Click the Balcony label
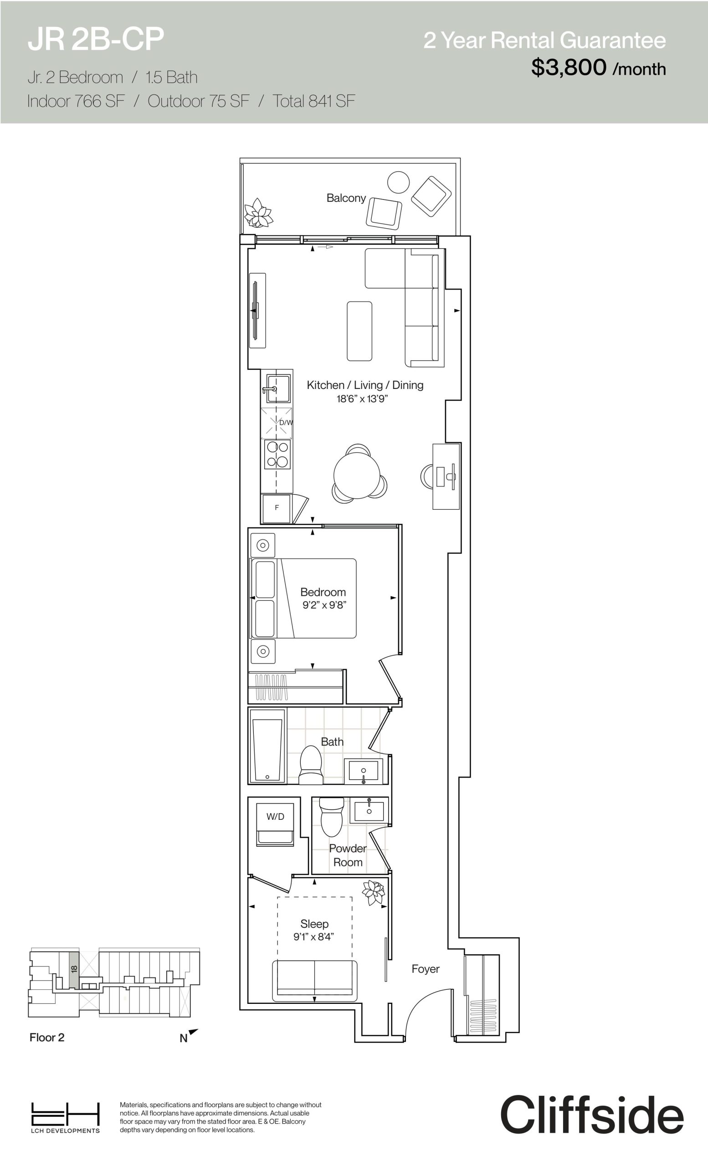coord(346,198)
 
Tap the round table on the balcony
coord(398,182)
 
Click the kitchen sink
coord(278,389)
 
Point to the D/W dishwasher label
coord(286,422)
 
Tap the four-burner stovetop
coord(277,454)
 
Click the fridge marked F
coord(277,508)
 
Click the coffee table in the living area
coord(359,331)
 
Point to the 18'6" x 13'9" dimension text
coord(362,399)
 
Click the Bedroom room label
coord(323,592)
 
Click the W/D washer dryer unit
coord(275,825)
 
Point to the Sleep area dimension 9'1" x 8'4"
coord(313,936)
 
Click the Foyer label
coord(426,969)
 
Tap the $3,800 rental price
coord(569,67)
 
